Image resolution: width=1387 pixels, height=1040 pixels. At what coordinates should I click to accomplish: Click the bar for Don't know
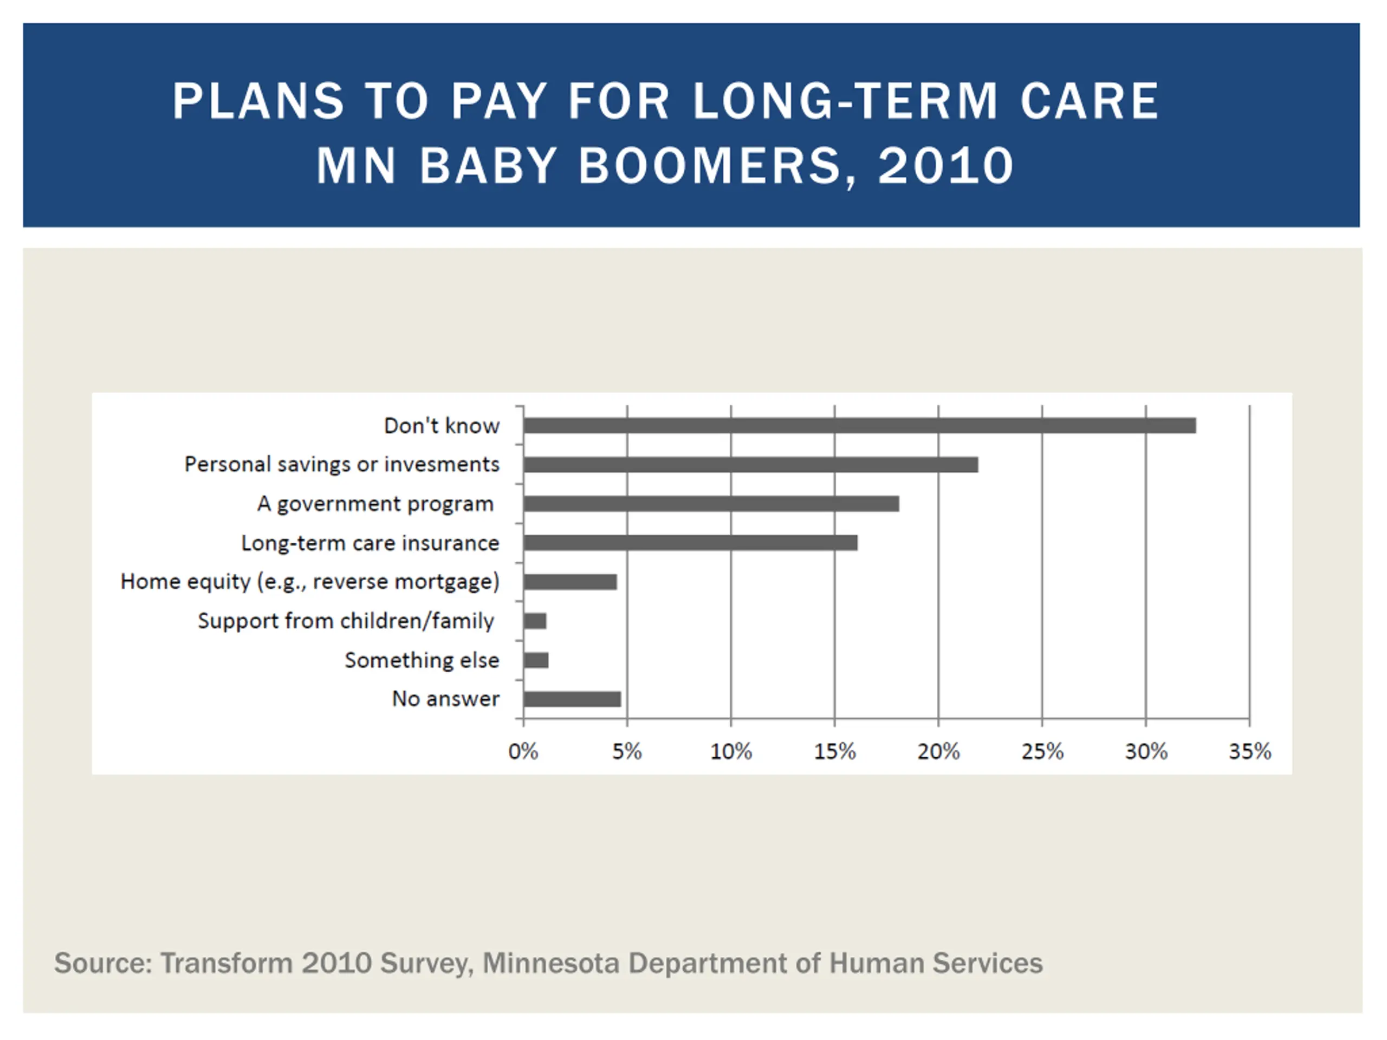pyautogui.click(x=859, y=426)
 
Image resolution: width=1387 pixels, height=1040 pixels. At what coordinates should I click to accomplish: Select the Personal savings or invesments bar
pyautogui.click(x=750, y=465)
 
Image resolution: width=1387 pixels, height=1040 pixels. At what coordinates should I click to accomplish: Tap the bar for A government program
pyautogui.click(x=710, y=503)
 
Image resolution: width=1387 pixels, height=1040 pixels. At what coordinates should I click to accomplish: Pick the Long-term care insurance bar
pyautogui.click(x=690, y=543)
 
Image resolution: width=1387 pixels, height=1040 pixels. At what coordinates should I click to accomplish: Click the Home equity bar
pyautogui.click(x=569, y=582)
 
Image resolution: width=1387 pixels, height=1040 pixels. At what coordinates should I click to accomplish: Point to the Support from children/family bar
pyautogui.click(x=535, y=621)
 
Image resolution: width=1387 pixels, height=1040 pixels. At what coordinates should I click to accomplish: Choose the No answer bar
pyautogui.click(x=572, y=699)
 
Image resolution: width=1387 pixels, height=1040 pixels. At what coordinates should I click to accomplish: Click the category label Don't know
pyautogui.click(x=442, y=426)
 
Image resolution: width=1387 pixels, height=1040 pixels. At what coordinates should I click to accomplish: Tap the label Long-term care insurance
pyautogui.click(x=370, y=543)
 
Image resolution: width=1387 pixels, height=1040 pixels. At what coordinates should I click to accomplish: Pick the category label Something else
pyautogui.click(x=422, y=660)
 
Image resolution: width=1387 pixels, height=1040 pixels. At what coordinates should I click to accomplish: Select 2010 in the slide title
pyautogui.click(x=945, y=166)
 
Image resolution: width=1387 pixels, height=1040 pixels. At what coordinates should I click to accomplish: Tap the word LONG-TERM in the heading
pyautogui.click(x=845, y=101)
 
